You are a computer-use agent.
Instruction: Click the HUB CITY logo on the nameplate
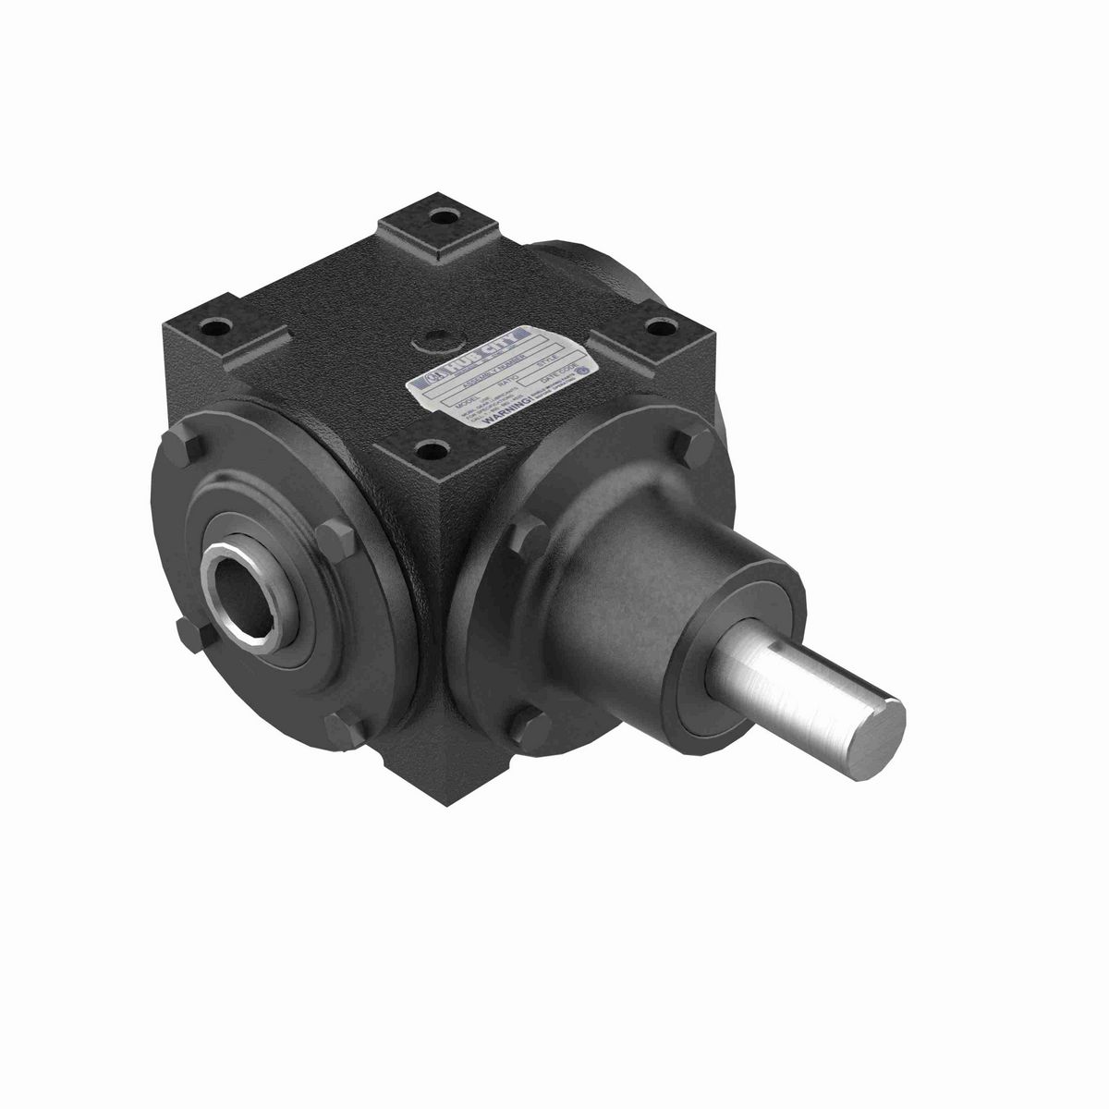point(481,350)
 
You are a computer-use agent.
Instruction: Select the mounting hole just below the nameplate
point(427,450)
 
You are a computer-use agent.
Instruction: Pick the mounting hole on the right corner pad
point(664,324)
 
